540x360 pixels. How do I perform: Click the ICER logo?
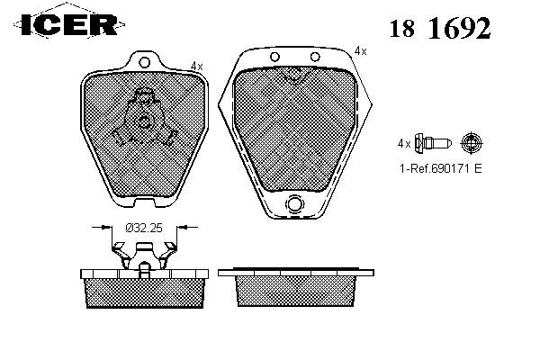click(69, 24)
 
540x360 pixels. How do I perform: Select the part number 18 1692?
click(440, 28)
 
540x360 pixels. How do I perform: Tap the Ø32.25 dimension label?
click(144, 228)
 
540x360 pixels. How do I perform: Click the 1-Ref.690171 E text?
click(440, 168)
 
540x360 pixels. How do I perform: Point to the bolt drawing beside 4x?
click(433, 142)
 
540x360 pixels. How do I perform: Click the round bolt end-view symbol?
click(472, 142)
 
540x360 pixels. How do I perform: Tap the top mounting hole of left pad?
click(144, 62)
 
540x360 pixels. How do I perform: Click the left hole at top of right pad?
click(274, 57)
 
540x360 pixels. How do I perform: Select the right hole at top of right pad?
click(315, 57)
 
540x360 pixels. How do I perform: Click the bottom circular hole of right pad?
click(294, 204)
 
